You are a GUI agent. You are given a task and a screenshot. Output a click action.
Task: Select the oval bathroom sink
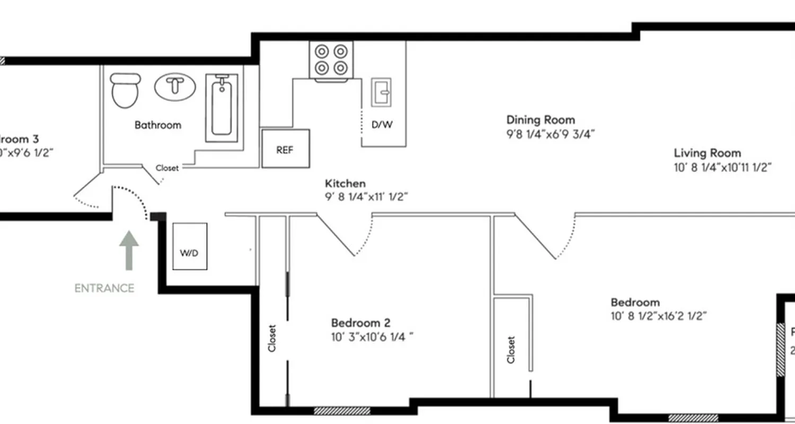[x=174, y=86]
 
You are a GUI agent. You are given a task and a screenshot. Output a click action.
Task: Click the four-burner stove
[x=331, y=59]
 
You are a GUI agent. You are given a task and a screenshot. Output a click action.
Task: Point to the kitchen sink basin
[x=381, y=92]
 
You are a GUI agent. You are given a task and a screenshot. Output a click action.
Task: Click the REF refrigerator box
[x=285, y=149]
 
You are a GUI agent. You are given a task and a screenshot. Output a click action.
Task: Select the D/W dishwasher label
[x=382, y=125]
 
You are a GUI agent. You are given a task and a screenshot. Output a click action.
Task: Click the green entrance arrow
[x=129, y=250]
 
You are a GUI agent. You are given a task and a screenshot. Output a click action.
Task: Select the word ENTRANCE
[x=104, y=288]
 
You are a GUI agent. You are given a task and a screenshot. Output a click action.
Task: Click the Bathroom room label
[x=157, y=125]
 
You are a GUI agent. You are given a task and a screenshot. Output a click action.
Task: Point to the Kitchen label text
[x=345, y=184]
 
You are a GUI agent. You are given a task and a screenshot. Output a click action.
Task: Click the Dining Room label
[x=540, y=120]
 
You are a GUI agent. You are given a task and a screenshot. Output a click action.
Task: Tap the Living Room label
[x=707, y=153]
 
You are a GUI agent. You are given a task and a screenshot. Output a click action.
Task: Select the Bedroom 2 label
[x=361, y=323]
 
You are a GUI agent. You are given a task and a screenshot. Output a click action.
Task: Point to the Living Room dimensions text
[x=722, y=167]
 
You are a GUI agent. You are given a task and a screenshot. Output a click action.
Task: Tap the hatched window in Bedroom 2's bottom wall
[x=341, y=410]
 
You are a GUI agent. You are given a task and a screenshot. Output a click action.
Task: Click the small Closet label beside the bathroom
[x=167, y=168]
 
